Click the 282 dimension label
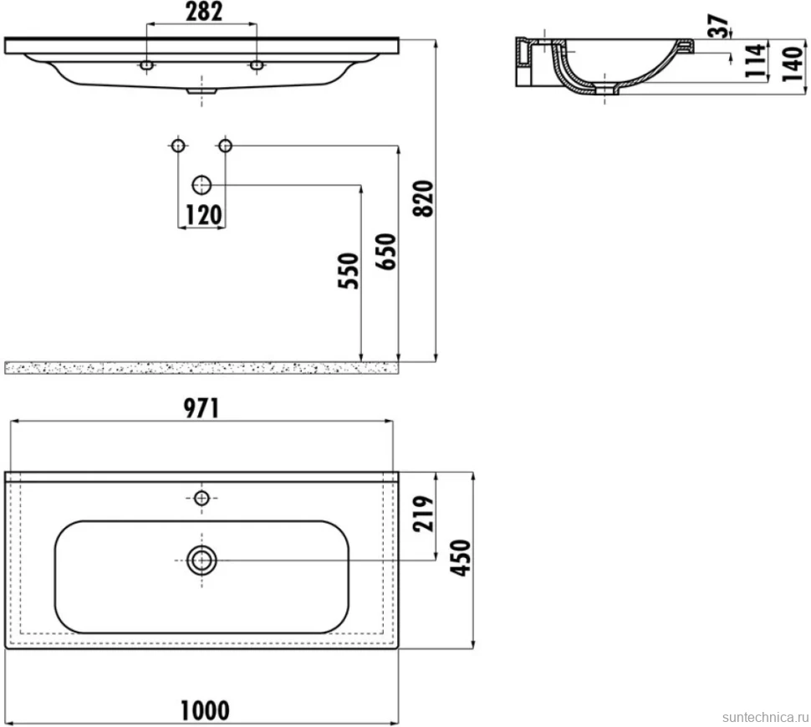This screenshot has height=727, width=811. pos(204,12)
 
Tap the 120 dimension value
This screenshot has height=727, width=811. pos(203,215)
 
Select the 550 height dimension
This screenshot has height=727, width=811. pos(348,270)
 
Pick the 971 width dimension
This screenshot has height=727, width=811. pos(201,409)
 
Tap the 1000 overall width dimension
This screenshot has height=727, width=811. pos(205,711)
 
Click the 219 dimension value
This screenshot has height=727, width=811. pos(423,514)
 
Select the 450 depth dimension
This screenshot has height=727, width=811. pos(461,557)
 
